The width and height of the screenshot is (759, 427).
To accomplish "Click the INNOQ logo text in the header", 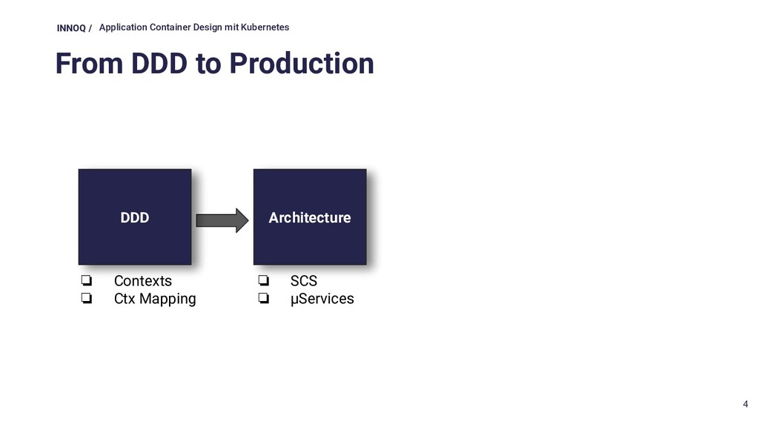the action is (71, 28).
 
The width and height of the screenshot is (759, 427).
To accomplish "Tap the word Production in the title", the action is (302, 64).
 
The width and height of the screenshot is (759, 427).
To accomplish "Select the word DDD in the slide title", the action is (159, 64).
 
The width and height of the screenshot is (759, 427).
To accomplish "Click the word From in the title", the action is (90, 64).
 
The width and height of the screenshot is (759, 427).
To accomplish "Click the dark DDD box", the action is (135, 217).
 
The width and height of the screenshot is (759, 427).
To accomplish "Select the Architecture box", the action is (310, 217).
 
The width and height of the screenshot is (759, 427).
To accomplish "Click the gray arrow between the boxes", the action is (222, 221).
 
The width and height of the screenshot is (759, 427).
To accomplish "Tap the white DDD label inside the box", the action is (135, 218).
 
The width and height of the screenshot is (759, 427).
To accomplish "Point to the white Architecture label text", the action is (310, 218).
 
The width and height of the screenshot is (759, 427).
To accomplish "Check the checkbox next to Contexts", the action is (87, 280).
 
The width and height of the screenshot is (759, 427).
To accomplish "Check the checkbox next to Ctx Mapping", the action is (87, 298).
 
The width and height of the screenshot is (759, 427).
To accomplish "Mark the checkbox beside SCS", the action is (264, 280).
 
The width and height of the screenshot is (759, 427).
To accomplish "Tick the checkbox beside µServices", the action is (264, 298).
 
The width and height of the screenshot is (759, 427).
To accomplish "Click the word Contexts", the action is (143, 281).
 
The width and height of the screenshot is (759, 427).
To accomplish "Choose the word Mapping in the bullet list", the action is (168, 299).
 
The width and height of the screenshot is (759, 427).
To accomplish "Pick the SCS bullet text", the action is (303, 281).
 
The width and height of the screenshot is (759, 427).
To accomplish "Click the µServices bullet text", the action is (322, 299).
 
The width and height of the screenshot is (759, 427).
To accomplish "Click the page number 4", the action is (746, 404).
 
